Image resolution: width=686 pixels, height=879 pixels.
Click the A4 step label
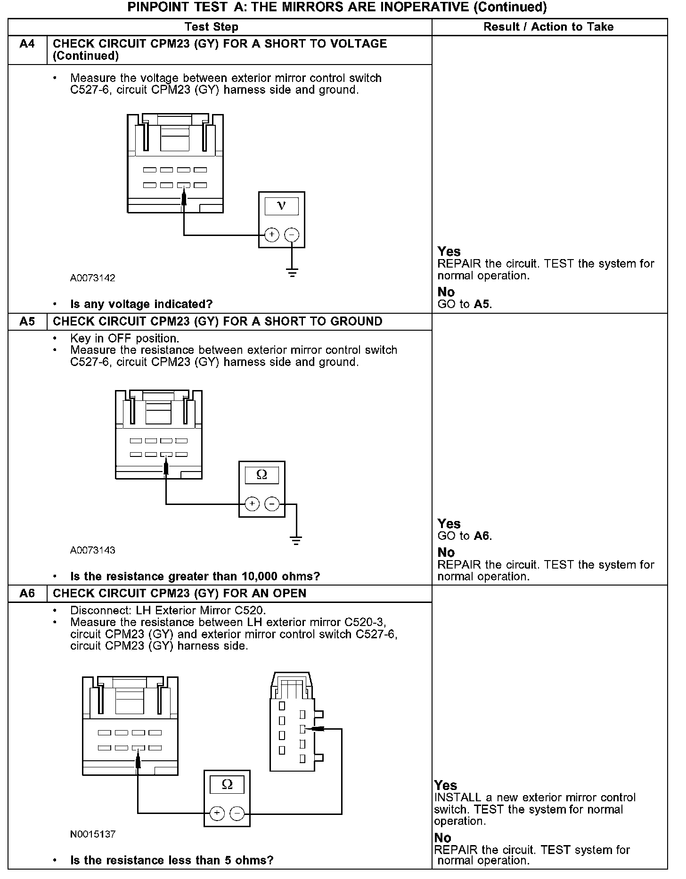coord(27,44)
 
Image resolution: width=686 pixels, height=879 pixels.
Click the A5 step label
coord(27,322)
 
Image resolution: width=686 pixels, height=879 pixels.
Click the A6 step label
coord(27,594)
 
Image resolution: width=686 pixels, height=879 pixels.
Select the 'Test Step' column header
coord(211,27)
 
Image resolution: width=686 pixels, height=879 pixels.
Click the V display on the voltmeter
coord(281,206)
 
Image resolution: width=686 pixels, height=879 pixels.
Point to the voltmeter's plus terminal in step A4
coord(272,235)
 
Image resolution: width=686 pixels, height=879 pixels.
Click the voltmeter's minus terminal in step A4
coord(292,235)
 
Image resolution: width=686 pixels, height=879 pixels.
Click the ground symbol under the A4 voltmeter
coord(292,272)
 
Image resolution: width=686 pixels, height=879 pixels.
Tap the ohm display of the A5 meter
coord(261,475)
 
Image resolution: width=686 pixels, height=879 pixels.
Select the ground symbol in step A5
coord(296,540)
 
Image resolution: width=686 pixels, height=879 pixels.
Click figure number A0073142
coord(93,278)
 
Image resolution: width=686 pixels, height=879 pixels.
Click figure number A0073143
coord(93,550)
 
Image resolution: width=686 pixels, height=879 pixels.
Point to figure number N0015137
coord(93,834)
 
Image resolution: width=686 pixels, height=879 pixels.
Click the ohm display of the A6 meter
coord(227,784)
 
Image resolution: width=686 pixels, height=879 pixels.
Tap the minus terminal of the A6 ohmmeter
coord(237,814)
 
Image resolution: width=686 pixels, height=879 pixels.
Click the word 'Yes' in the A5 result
coord(449,523)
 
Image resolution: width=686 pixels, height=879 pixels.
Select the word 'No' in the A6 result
coord(442,838)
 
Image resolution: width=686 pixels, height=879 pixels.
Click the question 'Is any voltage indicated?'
coord(141,304)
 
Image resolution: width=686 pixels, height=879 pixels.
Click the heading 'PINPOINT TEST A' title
coord(337,7)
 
